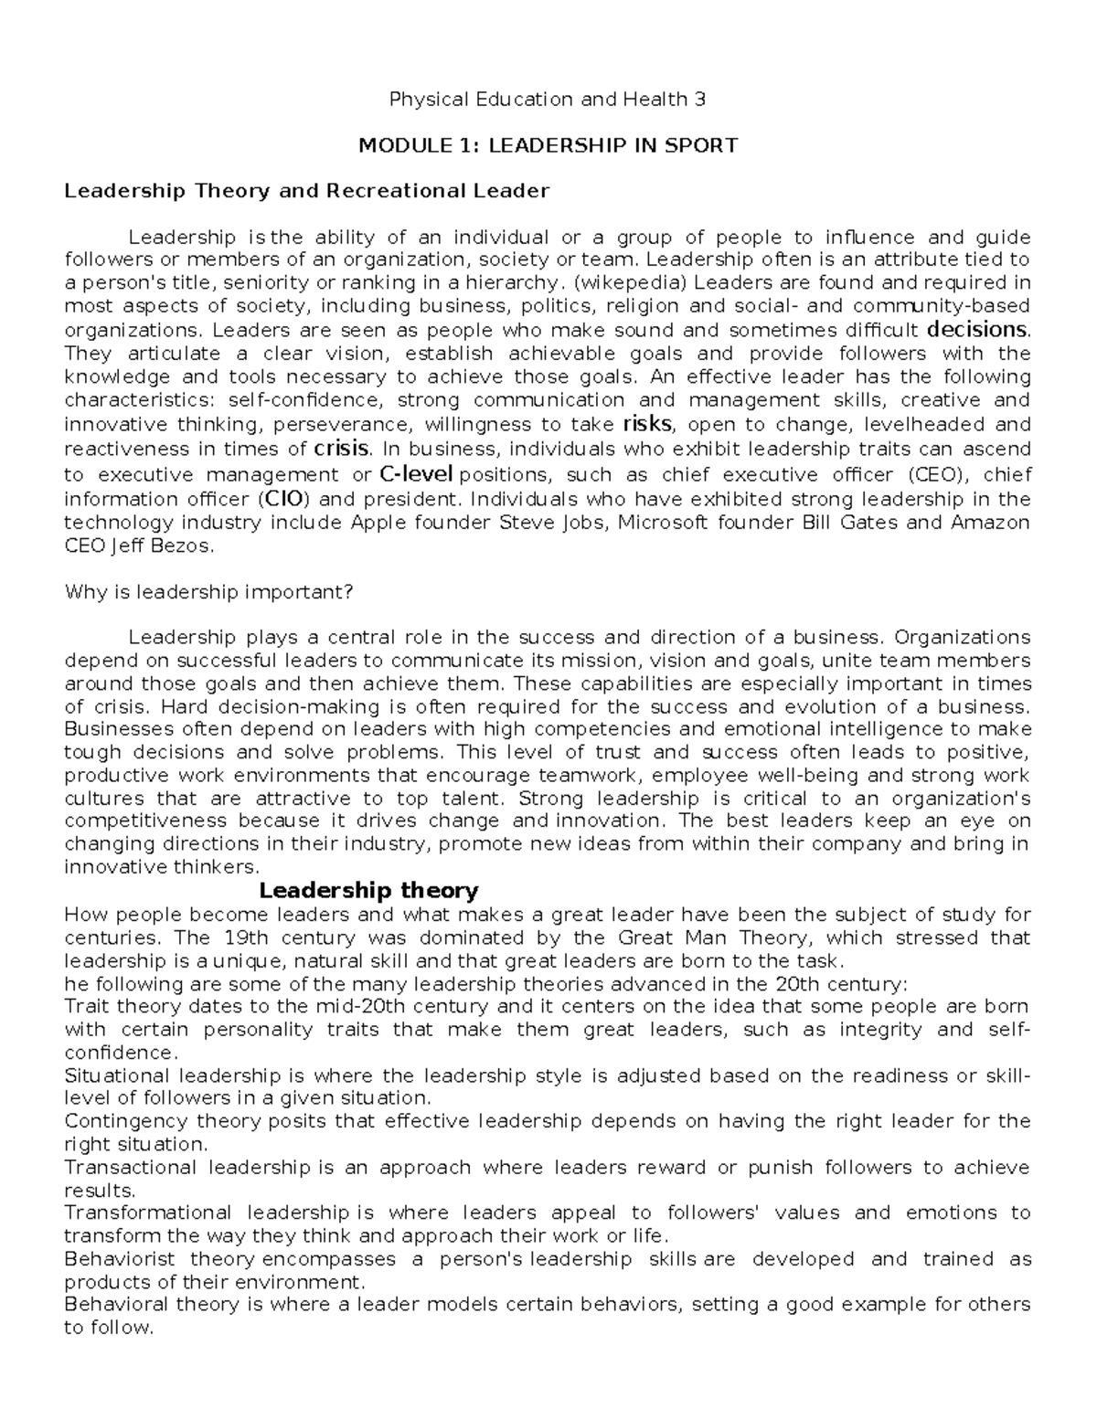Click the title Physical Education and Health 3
(548, 100)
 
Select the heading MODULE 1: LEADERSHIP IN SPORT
(548, 145)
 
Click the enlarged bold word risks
(646, 423)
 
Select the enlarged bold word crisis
(341, 449)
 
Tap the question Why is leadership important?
(208, 592)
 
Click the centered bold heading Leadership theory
(368, 890)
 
